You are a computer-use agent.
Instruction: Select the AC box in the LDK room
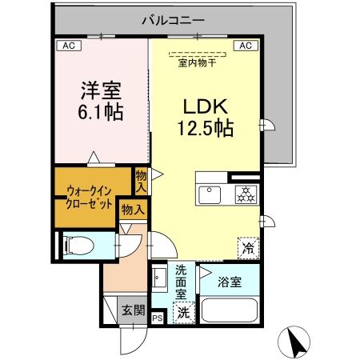(245, 46)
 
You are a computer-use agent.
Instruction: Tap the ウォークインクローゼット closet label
(90, 196)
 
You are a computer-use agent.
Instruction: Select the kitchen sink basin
(211, 194)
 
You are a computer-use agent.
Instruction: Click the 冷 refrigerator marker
(249, 249)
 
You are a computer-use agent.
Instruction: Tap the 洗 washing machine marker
(184, 311)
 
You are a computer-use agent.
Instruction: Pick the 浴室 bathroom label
(229, 281)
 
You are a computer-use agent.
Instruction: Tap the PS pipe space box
(157, 316)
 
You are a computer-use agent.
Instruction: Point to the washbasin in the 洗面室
(159, 281)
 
